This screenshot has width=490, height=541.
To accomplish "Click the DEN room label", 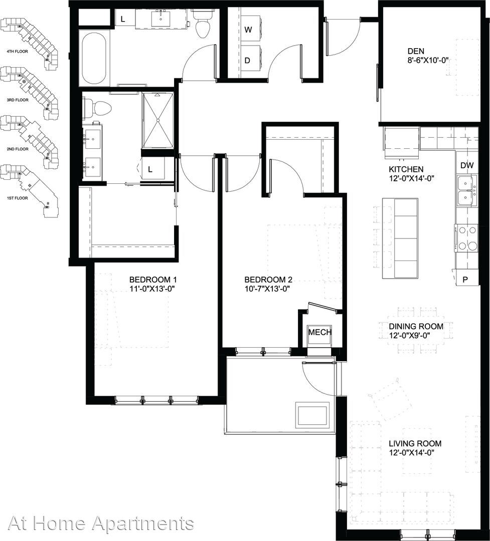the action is click(x=416, y=52).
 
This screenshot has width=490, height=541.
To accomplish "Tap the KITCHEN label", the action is click(x=406, y=169).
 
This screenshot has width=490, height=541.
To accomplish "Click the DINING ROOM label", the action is click(x=416, y=327).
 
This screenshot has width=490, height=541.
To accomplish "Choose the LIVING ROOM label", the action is click(x=415, y=444).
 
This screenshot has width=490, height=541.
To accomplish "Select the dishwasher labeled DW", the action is click(x=467, y=166).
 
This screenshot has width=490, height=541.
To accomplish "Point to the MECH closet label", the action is click(x=320, y=332).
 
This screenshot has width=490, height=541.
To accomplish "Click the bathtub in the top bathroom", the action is click(x=94, y=58).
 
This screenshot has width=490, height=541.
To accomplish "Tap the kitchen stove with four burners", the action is click(x=466, y=238).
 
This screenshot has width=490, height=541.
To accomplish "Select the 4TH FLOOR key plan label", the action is click(x=17, y=52).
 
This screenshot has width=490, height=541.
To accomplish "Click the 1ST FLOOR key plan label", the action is click(x=18, y=198).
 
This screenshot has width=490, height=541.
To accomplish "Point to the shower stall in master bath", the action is click(x=158, y=120).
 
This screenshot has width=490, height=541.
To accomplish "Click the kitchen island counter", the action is click(x=400, y=238).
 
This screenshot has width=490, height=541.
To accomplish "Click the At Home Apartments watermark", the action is click(x=100, y=524).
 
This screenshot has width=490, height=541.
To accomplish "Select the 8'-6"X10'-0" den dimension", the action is click(x=428, y=60).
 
